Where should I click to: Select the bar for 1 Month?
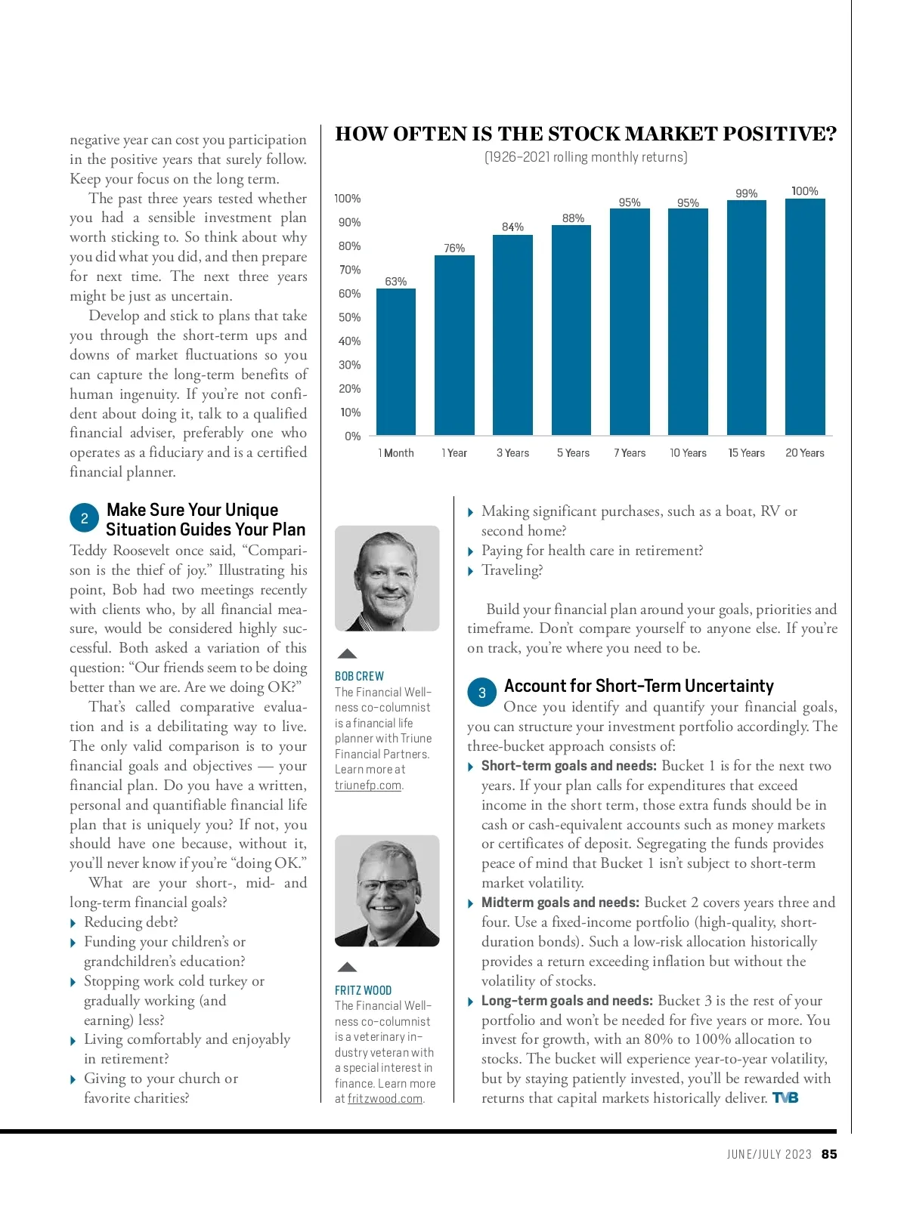point(396,362)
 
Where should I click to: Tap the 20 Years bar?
point(805,316)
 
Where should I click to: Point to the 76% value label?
point(454,248)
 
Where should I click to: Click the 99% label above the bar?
point(747,193)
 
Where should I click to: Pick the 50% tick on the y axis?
point(349,317)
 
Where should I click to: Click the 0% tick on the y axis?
point(352,436)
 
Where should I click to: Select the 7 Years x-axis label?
point(630,453)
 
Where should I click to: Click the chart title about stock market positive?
point(586,134)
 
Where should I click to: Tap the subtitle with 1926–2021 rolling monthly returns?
point(586,157)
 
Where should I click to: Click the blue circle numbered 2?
point(85,518)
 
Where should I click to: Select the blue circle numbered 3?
point(482,693)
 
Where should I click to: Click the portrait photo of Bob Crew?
point(387,579)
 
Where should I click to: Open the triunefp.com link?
point(368,786)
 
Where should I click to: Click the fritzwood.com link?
point(385,1099)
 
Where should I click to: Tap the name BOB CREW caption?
point(359,676)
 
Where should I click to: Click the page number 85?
point(829,1154)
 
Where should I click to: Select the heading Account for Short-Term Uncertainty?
point(639,686)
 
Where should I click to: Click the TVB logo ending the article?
point(785,1098)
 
